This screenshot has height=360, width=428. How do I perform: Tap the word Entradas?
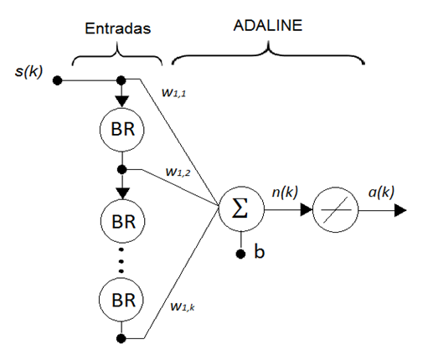pyautogui.click(x=117, y=28)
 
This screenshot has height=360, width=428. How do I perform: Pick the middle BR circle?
pyautogui.click(x=122, y=222)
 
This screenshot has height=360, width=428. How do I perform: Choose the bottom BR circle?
pyautogui.click(x=122, y=298)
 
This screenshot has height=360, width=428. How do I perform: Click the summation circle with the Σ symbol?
pyautogui.click(x=240, y=209)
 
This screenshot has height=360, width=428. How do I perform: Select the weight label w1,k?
pyautogui.click(x=182, y=307)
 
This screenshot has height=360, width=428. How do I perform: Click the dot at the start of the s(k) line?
pyautogui.click(x=57, y=81)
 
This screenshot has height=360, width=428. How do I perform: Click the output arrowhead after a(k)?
pyautogui.click(x=400, y=210)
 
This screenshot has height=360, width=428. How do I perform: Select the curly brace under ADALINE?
pyautogui.click(x=268, y=54)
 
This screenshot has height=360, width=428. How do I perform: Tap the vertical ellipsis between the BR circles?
pyautogui.click(x=122, y=260)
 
